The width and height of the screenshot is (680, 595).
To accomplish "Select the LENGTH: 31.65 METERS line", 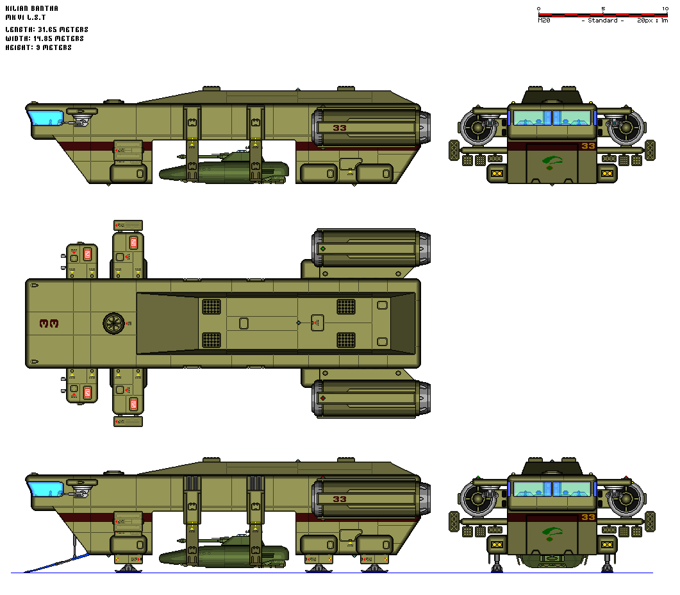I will coord(46,29).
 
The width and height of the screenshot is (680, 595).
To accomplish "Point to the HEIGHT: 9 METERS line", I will coord(38,47).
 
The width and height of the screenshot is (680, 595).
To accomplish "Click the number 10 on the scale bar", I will coord(665,8).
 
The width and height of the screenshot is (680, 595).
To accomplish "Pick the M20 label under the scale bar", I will coord(544,21).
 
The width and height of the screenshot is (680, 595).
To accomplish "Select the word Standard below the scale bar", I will coord(602,21).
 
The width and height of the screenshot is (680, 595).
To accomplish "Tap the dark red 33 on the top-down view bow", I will coord(49,324).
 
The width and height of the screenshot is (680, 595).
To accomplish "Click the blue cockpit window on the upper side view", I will coord(40,118).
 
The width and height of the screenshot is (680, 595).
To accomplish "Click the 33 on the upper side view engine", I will coord(339,128).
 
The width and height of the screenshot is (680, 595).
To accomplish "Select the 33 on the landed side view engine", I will coord(339,499).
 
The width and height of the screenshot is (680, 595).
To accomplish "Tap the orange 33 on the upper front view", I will coord(588,146).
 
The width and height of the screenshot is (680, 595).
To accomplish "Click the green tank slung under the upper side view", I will coord(224,168).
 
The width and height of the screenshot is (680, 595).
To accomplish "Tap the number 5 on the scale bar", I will coord(603,8).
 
